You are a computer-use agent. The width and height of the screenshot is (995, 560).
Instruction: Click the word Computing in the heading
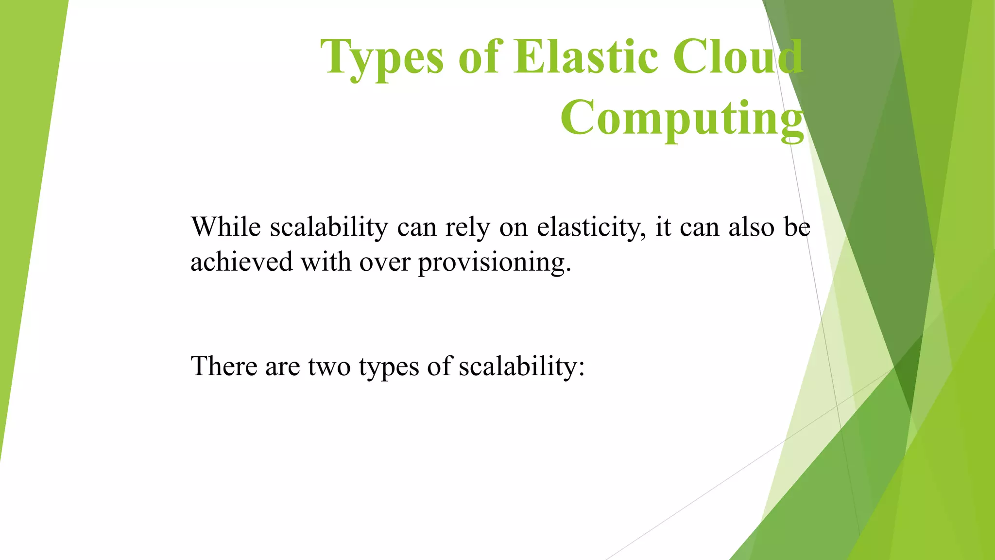pyautogui.click(x=682, y=118)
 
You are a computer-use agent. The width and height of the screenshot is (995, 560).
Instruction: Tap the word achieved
pyautogui.click(x=241, y=262)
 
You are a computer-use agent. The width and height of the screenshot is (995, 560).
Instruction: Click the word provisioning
pyautogui.click(x=494, y=262)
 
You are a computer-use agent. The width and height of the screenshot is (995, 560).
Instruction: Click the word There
pyautogui.click(x=223, y=366)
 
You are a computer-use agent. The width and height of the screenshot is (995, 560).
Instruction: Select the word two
pyautogui.click(x=329, y=366)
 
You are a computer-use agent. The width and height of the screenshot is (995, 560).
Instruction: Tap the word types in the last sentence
pyautogui.click(x=389, y=366)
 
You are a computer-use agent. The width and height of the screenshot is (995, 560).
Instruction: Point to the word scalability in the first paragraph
pyautogui.click(x=329, y=227)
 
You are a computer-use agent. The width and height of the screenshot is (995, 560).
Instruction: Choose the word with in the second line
pyautogui.click(x=326, y=262)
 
